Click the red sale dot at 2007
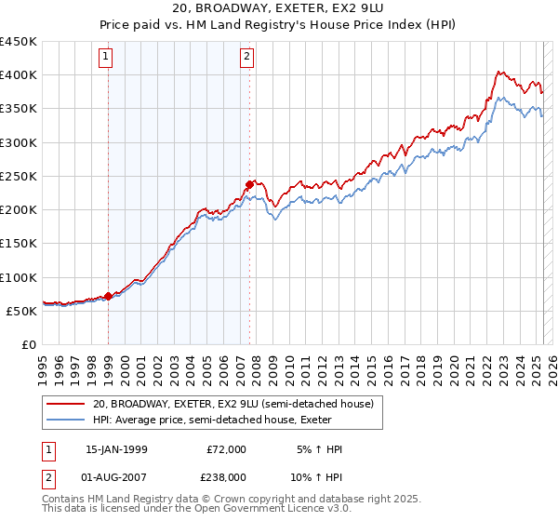pyautogui.click(x=249, y=184)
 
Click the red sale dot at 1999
pyautogui.click(x=108, y=296)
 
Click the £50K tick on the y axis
pyautogui.click(x=22, y=311)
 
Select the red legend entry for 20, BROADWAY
pyautogui.click(x=232, y=404)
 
